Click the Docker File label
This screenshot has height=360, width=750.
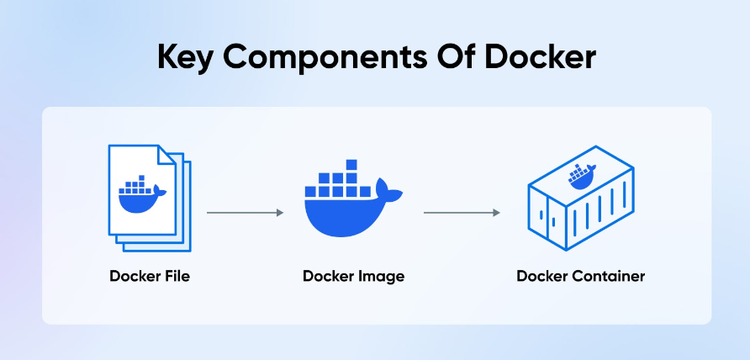pyautogui.click(x=149, y=276)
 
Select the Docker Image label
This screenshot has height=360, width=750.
pyautogui.click(x=354, y=276)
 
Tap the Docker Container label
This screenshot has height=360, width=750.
pyautogui.click(x=580, y=276)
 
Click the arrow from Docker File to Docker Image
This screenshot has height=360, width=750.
pyautogui.click(x=245, y=213)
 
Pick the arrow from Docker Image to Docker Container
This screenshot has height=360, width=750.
pyautogui.click(x=462, y=213)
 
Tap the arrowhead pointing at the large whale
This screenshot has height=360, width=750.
pyautogui.click(x=280, y=213)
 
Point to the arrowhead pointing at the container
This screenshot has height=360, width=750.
pyautogui.click(x=497, y=213)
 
